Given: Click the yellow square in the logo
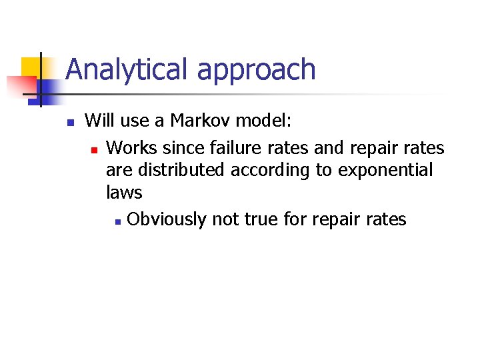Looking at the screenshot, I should click(x=31, y=67).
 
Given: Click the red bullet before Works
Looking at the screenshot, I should click(x=94, y=148).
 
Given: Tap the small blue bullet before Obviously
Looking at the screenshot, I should click(x=117, y=221).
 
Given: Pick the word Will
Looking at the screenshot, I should click(x=99, y=121).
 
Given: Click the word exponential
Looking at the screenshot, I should click(x=385, y=171).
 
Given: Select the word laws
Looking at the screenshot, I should click(x=124, y=193).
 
